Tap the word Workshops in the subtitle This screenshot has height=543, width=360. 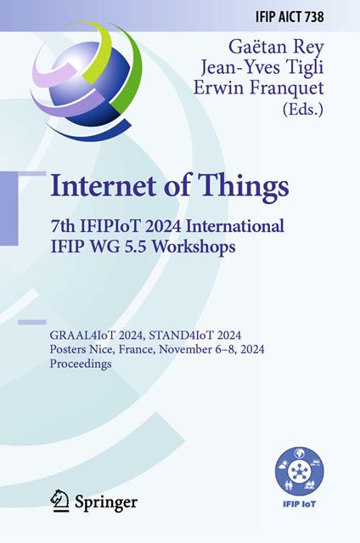pyautogui.click(x=203, y=247)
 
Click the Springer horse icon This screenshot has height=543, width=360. pyautogui.click(x=59, y=501)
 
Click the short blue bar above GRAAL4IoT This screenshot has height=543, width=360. pyautogui.click(x=31, y=322)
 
